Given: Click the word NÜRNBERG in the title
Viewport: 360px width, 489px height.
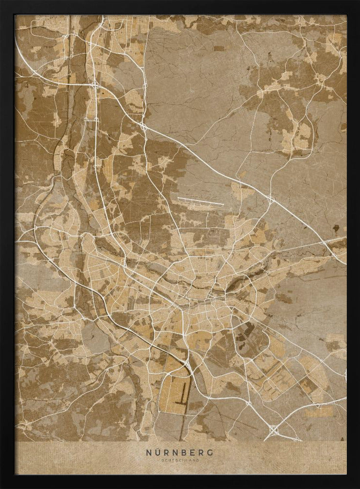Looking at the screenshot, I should coord(180,452).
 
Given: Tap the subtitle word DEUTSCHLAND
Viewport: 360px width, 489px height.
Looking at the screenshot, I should coord(180,461).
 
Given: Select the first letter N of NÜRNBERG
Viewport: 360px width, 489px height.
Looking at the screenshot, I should coord(148,452).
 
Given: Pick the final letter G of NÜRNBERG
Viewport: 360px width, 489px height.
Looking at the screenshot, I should coord(211,452).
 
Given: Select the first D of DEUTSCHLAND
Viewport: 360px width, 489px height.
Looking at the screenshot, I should coord(161,461).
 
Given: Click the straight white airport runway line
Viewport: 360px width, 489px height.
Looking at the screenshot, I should coord(201,201).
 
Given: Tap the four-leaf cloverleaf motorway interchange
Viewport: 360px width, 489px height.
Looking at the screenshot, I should coord(273,430).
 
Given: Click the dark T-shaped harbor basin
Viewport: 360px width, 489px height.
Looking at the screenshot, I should coord(182,395).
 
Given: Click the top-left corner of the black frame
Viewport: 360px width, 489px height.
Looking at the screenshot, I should coord(1,1).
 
